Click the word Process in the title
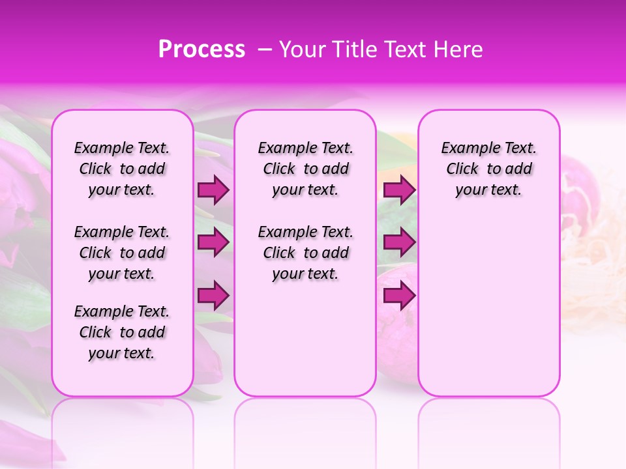coord(201,50)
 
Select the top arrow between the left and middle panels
coord(213,190)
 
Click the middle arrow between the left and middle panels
coord(213,243)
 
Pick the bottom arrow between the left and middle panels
coord(213,296)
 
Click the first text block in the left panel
coord(122,169)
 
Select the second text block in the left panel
coord(122,253)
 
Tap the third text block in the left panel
coord(122,332)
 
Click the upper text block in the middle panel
coord(305,169)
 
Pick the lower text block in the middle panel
coord(305,253)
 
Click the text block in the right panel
coord(489,169)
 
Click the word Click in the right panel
coord(462,169)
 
